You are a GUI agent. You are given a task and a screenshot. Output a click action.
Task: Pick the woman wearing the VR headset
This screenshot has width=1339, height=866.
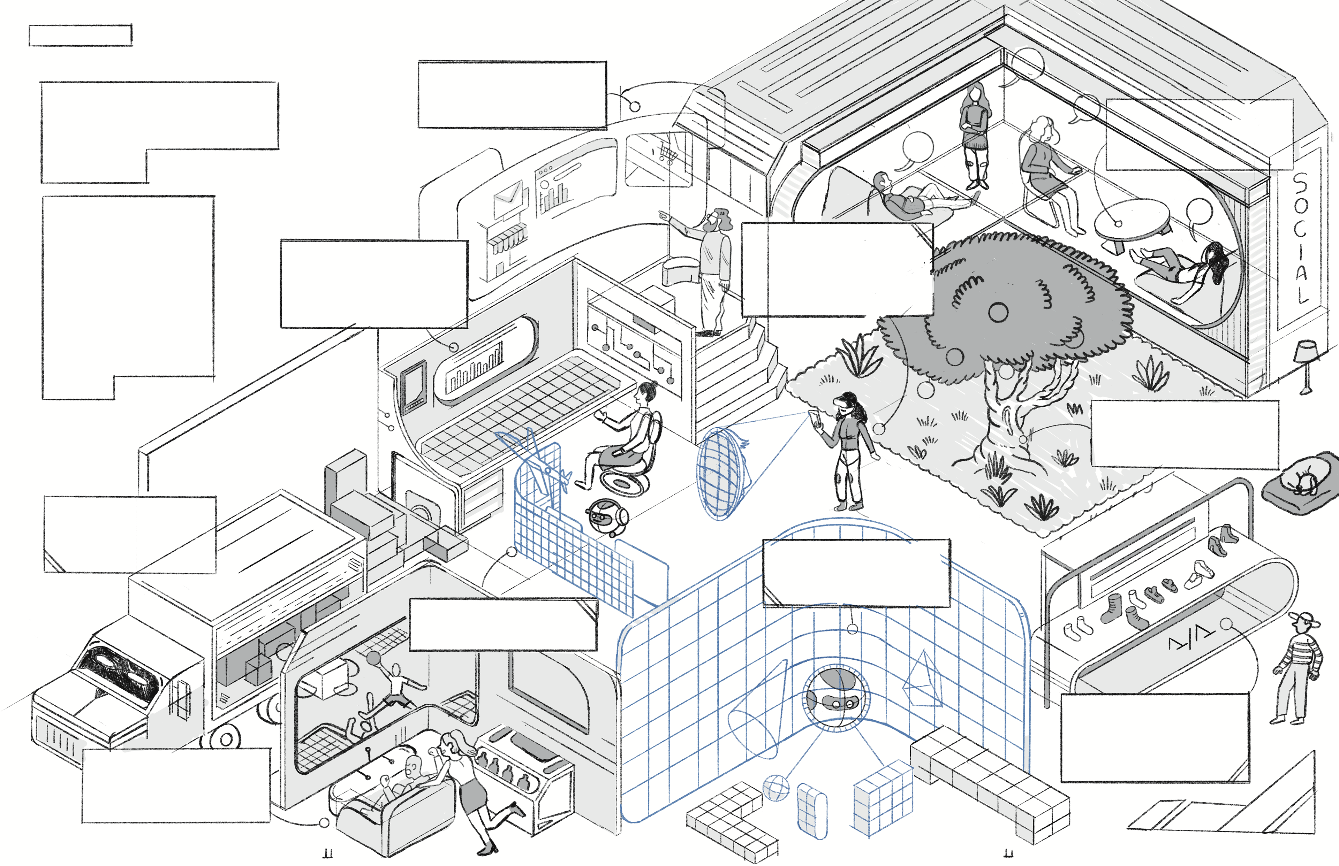pos(848,450)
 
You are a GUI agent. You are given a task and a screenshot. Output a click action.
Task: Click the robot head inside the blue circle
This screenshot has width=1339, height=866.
pos(835,697)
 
